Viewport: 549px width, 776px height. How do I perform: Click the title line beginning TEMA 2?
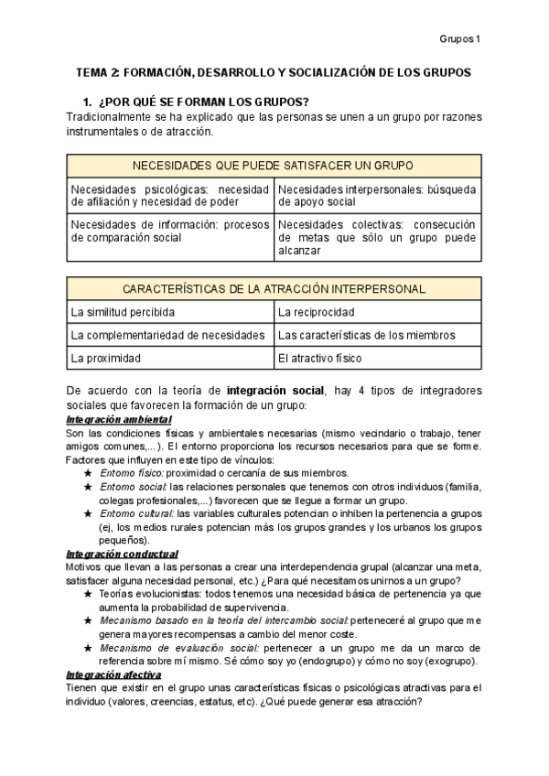click(x=274, y=71)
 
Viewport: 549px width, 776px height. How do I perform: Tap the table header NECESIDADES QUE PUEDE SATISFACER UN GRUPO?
click(x=274, y=166)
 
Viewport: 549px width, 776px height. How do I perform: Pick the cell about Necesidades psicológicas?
click(x=170, y=196)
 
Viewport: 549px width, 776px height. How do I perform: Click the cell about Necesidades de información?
click(x=170, y=230)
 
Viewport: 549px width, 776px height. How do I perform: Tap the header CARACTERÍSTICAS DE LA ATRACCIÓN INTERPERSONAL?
click(x=274, y=288)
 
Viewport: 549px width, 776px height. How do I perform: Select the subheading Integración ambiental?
click(x=119, y=419)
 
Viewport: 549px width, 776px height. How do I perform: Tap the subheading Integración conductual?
click(x=122, y=554)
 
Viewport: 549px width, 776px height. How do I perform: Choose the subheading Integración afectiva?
click(x=114, y=675)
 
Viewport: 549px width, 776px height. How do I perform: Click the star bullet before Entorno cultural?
click(x=88, y=514)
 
